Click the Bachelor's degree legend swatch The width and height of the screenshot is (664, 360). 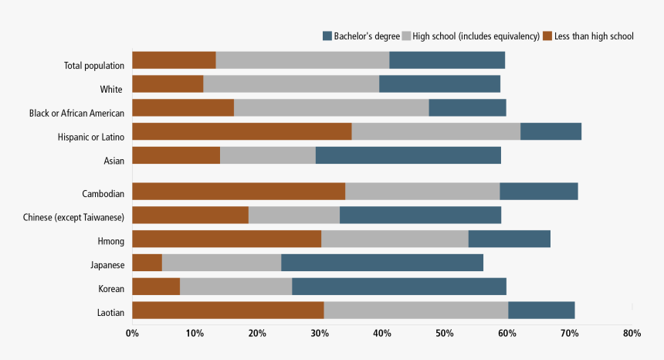327,36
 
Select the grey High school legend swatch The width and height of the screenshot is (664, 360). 407,36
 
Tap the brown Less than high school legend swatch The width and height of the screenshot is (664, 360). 548,36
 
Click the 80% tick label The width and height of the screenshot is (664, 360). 632,333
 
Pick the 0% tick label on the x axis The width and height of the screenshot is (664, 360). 132,333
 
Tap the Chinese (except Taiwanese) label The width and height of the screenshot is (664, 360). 73,218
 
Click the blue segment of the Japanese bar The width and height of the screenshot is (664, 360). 381,263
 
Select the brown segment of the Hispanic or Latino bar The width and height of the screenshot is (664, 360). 242,131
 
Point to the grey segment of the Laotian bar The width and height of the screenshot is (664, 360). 415,311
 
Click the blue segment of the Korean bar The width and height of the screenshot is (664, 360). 398,287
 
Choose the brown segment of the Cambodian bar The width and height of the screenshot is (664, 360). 239,192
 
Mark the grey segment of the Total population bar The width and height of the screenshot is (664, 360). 302,60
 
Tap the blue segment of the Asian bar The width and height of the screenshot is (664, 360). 408,155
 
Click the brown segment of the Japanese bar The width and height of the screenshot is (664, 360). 147,263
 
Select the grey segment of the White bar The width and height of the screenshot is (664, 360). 291,83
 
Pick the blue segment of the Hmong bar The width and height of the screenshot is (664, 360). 509,239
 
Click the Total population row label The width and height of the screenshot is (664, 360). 93,66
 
